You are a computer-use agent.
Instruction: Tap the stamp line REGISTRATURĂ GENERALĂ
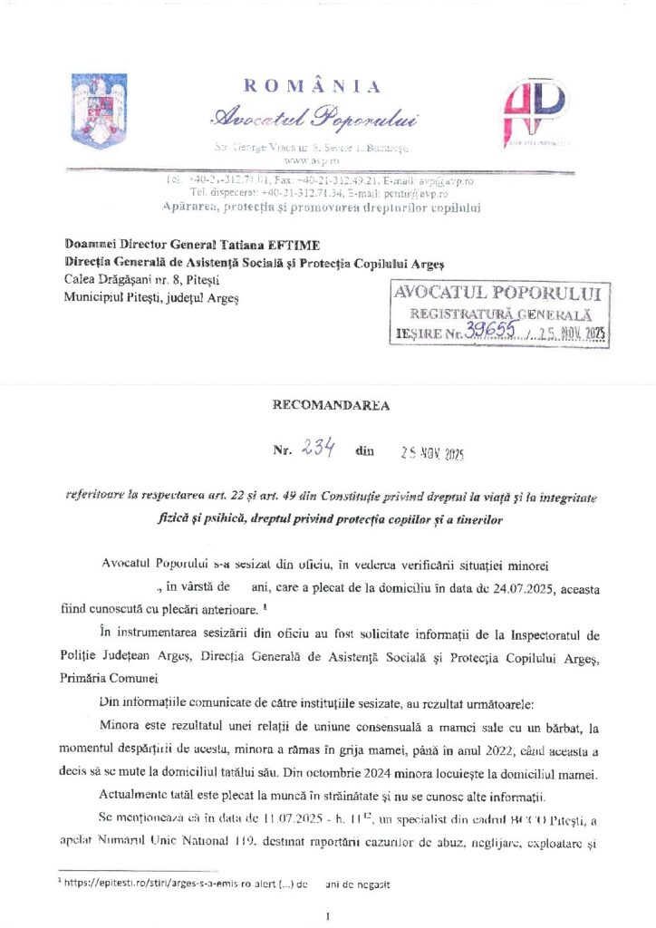click(500, 314)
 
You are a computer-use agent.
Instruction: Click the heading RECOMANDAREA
click(331, 405)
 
